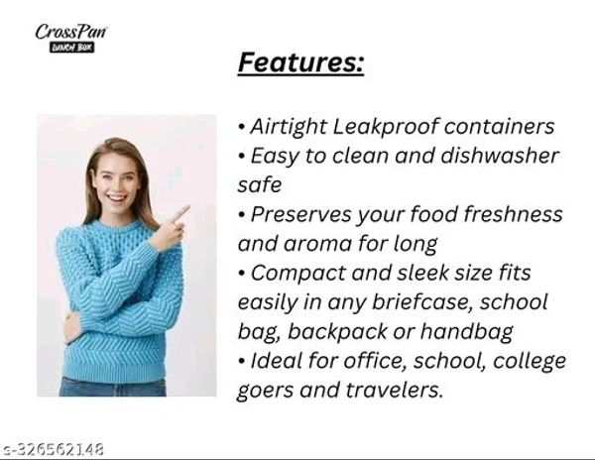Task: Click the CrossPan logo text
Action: coord(71,32)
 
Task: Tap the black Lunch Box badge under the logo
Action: coord(71,48)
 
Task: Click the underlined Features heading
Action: coord(300,62)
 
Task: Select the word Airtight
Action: coord(288,127)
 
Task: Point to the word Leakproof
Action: coord(385,127)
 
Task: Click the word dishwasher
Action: coord(500,156)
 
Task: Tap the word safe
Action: coord(260,184)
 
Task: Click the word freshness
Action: coord(514,214)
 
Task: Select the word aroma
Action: coord(317,244)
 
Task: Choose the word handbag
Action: coord(467,331)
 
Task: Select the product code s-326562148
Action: coord(53,450)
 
